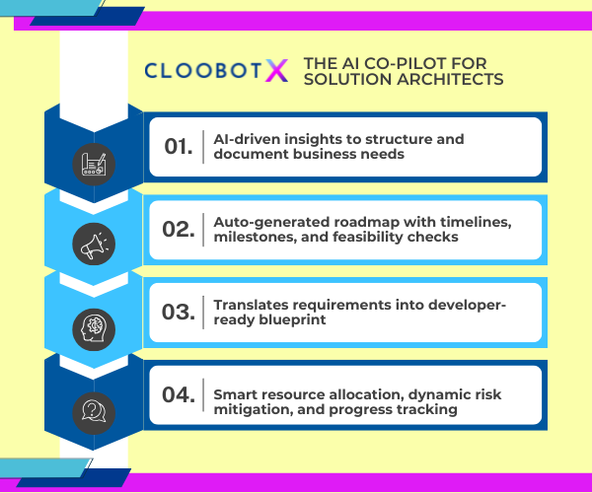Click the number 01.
[178, 147]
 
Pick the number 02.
[178, 230]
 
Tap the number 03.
[178, 313]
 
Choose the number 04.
[178, 395]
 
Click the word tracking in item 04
[427, 404]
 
